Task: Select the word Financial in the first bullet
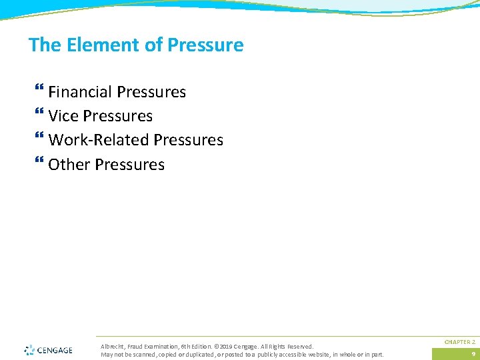[x=80, y=92]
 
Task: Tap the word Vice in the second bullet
[x=63, y=116]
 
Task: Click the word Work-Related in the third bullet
[x=99, y=140]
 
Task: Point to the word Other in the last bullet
[x=69, y=165]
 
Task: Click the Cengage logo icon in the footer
[x=29, y=350]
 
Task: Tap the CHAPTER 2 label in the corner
[x=460, y=341]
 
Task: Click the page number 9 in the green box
[x=473, y=354]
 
